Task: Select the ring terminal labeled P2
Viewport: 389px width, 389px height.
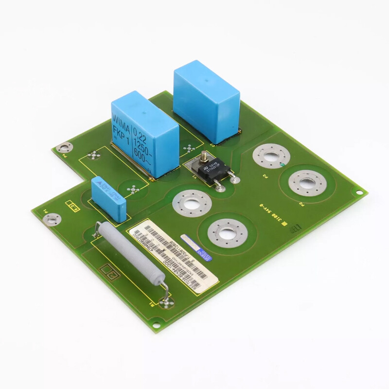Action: [x=307, y=183]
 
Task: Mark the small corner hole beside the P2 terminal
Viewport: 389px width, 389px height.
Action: [x=359, y=192]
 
